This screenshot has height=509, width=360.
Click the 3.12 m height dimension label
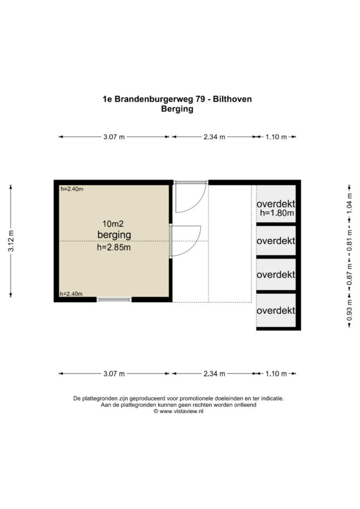pyautogui.click(x=11, y=241)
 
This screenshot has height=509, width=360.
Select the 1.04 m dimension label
pyautogui.click(x=349, y=203)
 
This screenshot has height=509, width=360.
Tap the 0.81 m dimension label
pyautogui.click(x=349, y=241)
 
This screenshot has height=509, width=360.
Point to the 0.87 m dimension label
pyautogui.click(x=349, y=274)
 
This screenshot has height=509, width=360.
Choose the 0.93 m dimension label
pyautogui.click(x=349, y=310)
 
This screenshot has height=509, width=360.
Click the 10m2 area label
pyautogui.click(x=113, y=224)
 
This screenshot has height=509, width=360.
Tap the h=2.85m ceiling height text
pyautogui.click(x=114, y=248)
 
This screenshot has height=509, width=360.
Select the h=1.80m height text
pyautogui.click(x=277, y=213)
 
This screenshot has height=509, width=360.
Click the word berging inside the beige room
pyautogui.click(x=114, y=235)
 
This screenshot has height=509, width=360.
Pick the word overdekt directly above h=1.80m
pyautogui.click(x=276, y=204)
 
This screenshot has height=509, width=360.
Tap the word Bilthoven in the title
pyautogui.click(x=232, y=99)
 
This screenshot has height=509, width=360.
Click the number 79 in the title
pyautogui.click(x=200, y=99)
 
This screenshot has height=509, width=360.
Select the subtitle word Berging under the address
pyautogui.click(x=177, y=109)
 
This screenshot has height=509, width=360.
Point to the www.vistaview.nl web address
pyautogui.click(x=181, y=411)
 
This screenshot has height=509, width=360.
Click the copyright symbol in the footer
pyautogui.click(x=156, y=411)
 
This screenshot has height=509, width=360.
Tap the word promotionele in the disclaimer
pyautogui.click(x=195, y=398)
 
